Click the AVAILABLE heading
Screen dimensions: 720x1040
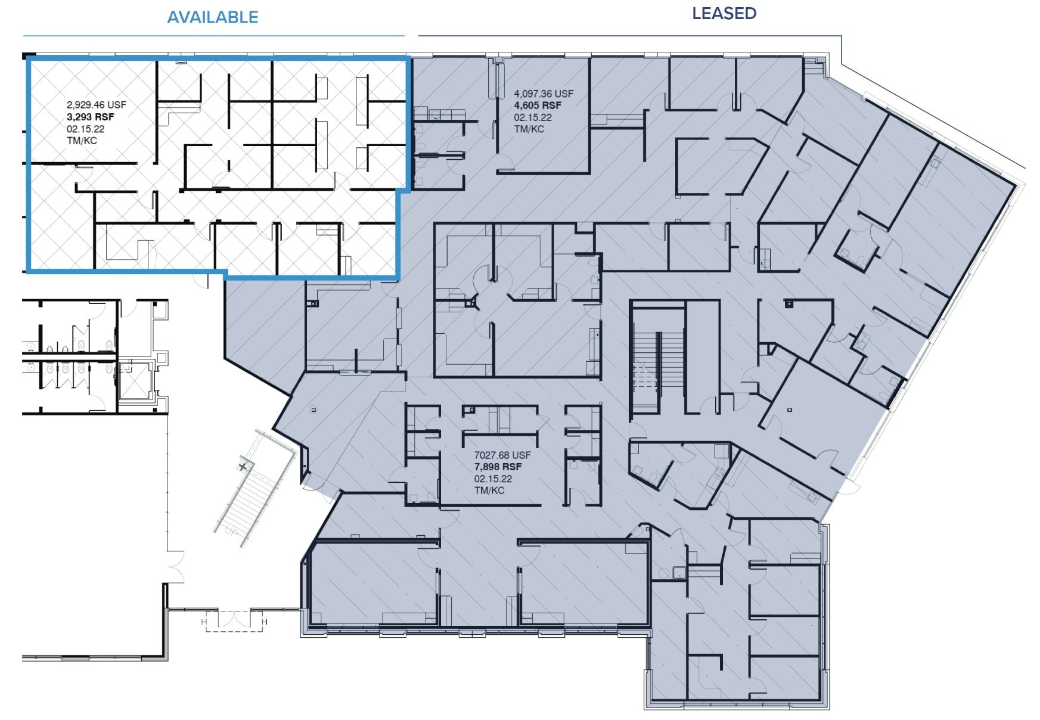coord(213,17)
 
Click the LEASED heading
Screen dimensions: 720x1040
coord(724,14)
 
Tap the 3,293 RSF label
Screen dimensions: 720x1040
coord(91,117)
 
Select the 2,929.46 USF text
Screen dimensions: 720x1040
coord(96,105)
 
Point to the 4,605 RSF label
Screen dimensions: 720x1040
coord(538,105)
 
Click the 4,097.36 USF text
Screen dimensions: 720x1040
coord(544,94)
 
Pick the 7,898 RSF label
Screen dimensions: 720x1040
coord(498,467)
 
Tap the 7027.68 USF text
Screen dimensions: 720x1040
coord(502,455)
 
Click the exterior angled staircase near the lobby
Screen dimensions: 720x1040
coord(250,492)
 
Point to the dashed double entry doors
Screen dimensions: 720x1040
coord(234,620)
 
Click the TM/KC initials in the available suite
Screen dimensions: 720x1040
coord(82,141)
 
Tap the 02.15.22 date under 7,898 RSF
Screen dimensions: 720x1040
coord(493,479)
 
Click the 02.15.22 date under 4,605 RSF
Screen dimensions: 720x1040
coord(533,117)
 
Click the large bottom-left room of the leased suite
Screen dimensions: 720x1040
coord(372,581)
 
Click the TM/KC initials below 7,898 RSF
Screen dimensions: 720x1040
coord(489,491)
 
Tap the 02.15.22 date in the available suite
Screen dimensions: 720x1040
coord(85,129)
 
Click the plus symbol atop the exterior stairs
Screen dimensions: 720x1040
coord(243,466)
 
